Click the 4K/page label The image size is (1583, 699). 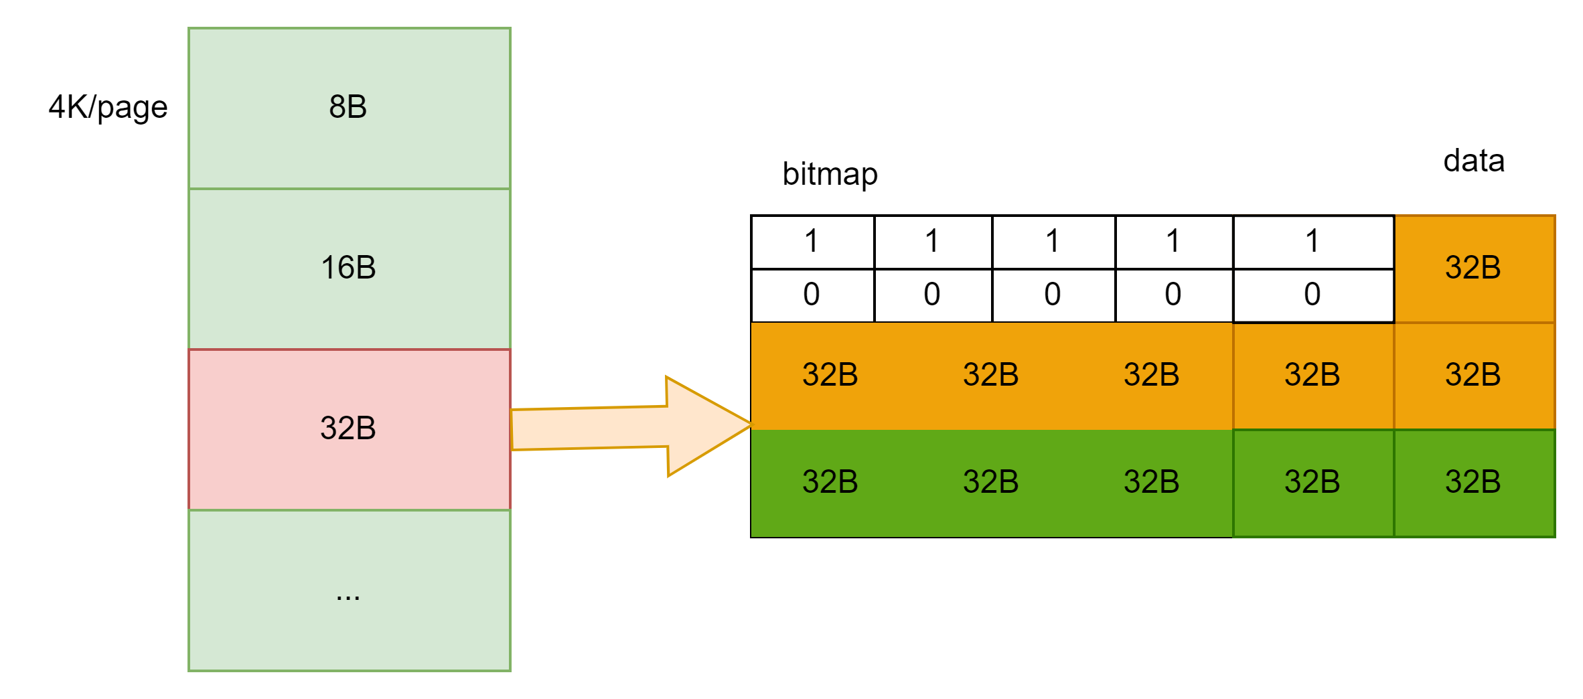[x=108, y=107]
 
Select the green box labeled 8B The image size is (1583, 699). [x=350, y=108]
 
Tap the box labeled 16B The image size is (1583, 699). [x=350, y=268]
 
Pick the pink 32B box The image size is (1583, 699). [x=350, y=429]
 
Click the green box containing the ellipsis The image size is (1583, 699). [x=350, y=590]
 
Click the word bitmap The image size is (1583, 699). [x=830, y=175]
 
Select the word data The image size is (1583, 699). [x=1474, y=161]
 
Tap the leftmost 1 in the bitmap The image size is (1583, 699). [x=812, y=242]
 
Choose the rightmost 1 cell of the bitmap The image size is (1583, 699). [x=1313, y=242]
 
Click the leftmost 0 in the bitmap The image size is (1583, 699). [x=812, y=295]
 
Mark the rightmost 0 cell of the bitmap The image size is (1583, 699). [x=1313, y=295]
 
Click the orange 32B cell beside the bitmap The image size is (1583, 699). [x=1475, y=268]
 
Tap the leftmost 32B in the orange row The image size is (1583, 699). [x=830, y=375]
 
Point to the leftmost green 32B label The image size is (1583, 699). [x=830, y=482]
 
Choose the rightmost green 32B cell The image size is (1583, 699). [x=1475, y=483]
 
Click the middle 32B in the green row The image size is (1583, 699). [x=1152, y=482]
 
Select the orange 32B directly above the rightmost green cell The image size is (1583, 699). [x=1475, y=376]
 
